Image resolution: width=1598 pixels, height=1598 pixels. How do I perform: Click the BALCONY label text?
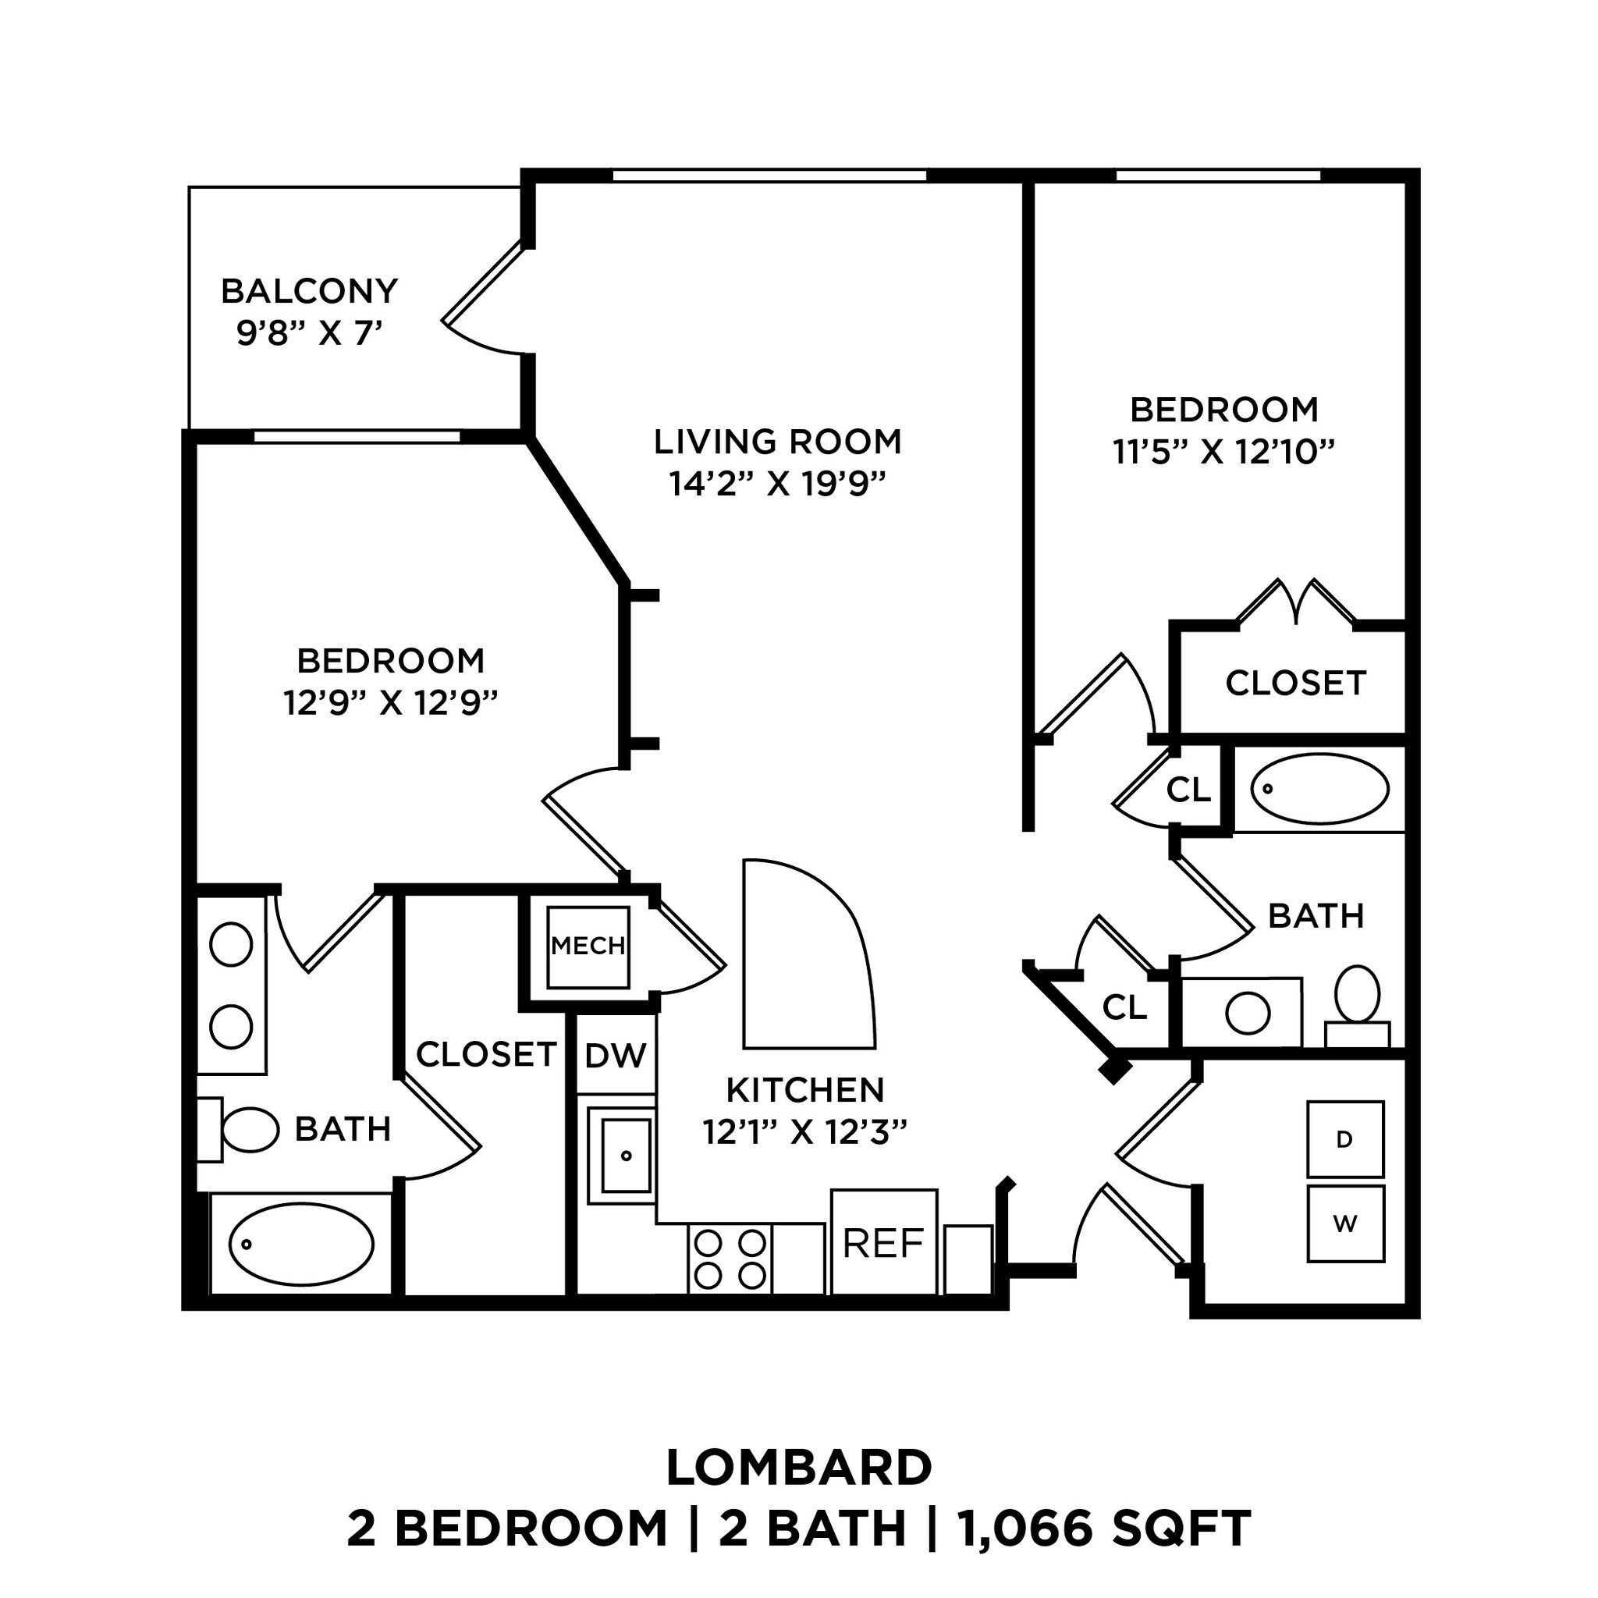pos(309,291)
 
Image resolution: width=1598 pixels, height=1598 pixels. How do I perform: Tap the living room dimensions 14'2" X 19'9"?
pos(776,484)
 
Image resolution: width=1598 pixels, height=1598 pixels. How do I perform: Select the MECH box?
pos(588,946)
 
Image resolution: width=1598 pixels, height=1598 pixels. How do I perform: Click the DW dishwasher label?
pos(616,1055)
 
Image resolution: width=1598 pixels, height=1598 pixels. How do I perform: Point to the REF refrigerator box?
pos(882,1242)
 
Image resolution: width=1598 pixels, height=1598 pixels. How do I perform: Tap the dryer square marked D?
pos(1345,1139)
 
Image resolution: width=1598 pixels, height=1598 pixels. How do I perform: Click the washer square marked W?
pos(1345,1224)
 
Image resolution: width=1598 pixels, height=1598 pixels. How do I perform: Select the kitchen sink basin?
pos(626,1156)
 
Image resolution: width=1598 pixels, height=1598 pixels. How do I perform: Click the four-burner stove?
pos(730,1259)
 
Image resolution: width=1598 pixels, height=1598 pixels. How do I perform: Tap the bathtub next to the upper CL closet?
pos(1319,789)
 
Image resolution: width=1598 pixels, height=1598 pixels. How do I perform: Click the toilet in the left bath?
pos(249,1130)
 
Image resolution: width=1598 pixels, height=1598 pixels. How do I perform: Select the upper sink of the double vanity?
pos(231,945)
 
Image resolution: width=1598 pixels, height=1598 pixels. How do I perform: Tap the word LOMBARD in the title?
pos(798,1468)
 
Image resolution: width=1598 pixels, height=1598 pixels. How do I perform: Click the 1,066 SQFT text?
pos(1104,1529)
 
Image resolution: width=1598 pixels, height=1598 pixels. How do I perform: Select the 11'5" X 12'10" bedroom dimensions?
pos(1223,453)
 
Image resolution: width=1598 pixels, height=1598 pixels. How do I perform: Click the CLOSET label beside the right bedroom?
pos(1294,684)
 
